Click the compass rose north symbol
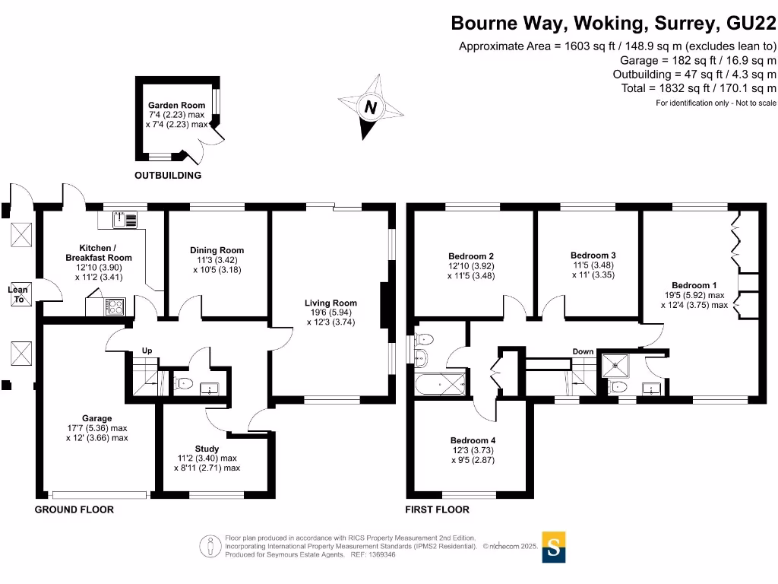(x=370, y=108)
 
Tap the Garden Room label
(x=176, y=106)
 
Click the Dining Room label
(x=217, y=250)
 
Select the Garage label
(x=97, y=418)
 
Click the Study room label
(x=207, y=448)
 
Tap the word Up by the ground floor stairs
(x=147, y=351)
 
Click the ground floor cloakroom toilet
(x=182, y=383)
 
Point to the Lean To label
(x=17, y=294)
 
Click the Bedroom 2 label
(x=471, y=255)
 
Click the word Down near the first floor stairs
(x=583, y=351)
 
